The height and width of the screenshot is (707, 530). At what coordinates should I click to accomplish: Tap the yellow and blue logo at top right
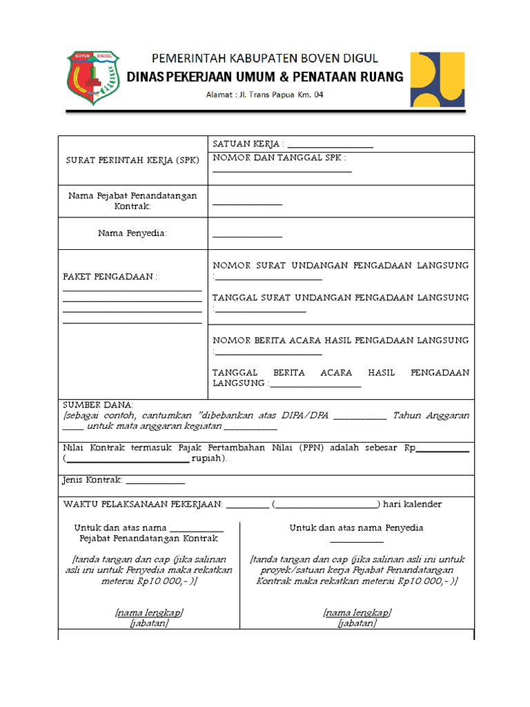coord(438,79)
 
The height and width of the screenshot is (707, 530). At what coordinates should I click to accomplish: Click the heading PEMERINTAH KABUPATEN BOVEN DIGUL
coord(264,59)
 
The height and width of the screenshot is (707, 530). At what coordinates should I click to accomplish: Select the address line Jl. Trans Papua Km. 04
coord(264,95)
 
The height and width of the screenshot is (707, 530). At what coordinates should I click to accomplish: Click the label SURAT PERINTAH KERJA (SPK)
coord(132,160)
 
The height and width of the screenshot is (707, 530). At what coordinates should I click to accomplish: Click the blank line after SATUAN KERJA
coord(330,145)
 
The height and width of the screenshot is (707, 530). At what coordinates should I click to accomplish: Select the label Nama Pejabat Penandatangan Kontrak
coord(132,201)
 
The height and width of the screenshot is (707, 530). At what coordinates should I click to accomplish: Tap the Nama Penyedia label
coord(132,233)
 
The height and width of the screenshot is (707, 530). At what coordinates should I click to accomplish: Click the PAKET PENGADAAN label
coord(110,277)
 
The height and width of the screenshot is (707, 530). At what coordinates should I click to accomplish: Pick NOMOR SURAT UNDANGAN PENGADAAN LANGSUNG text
coord(341,265)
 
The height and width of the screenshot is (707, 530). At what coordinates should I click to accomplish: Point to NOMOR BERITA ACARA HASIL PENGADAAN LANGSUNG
coord(341,340)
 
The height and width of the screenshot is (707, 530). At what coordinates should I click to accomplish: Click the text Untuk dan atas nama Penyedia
coord(356,527)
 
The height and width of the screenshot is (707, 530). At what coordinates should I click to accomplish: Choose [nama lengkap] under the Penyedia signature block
coord(357,613)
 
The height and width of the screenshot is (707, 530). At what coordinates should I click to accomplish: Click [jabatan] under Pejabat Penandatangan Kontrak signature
coord(149,623)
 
